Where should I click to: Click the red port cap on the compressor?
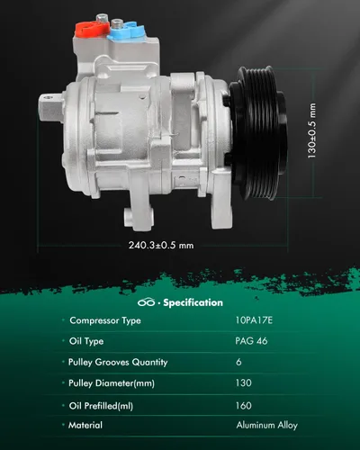coord(91,29)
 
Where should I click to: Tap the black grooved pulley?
coord(258,132)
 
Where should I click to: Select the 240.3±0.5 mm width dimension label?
coord(161,245)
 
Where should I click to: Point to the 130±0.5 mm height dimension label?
coord(311,130)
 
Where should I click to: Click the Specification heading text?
coord(193,302)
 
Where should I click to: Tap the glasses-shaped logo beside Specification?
coord(146,302)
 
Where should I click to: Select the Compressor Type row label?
coord(105,320)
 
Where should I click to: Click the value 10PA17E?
coord(254,320)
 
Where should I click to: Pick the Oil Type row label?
coord(86,341)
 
